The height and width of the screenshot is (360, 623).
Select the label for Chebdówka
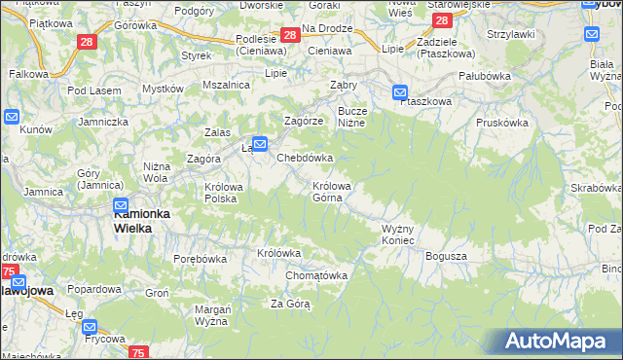click(x=306, y=157)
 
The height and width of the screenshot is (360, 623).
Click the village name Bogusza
click(x=447, y=256)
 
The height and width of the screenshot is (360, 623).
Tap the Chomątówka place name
click(x=316, y=275)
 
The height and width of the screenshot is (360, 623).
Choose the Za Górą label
click(x=290, y=304)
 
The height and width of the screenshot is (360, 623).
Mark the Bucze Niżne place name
click(x=351, y=117)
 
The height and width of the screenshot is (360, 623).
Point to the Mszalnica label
click(x=226, y=85)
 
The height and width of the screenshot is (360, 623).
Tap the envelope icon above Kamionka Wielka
click(x=121, y=205)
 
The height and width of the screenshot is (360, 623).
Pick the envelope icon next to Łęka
click(x=259, y=143)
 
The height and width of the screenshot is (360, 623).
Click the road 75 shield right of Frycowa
click(x=139, y=352)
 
